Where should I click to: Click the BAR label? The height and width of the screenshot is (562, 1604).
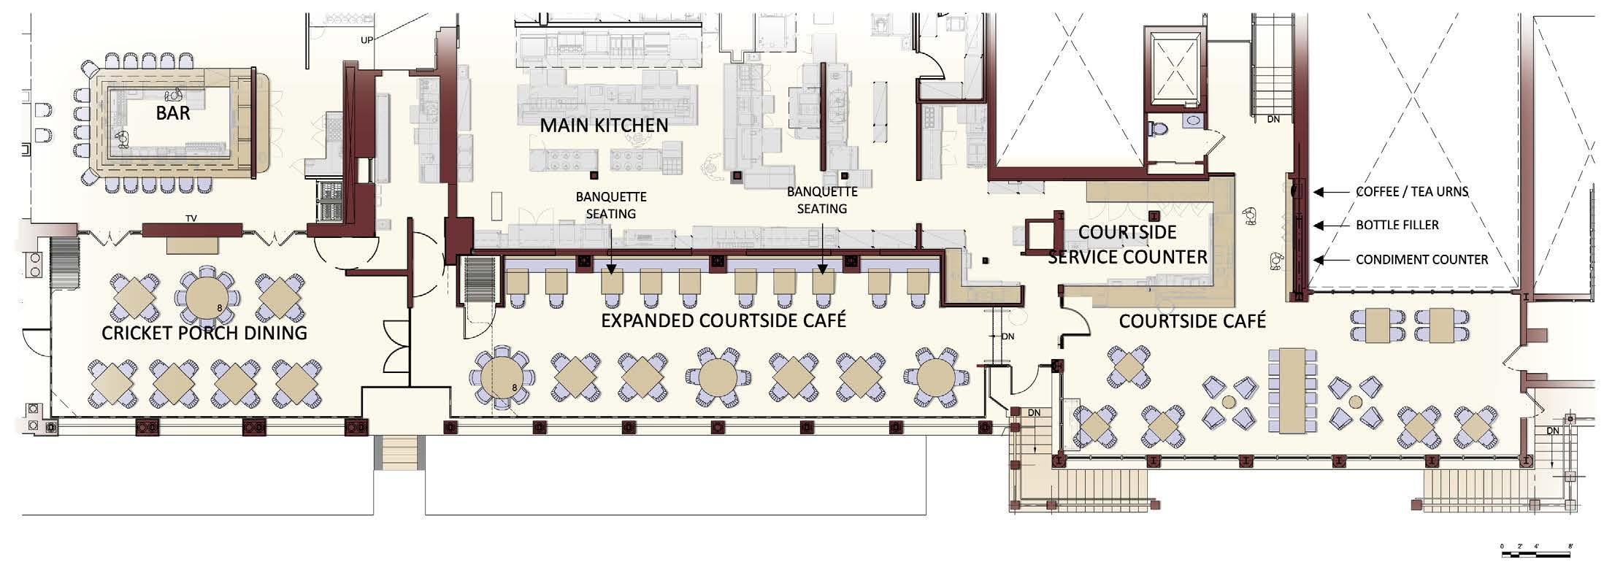click(173, 113)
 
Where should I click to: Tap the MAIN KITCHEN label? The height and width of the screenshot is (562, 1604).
click(604, 126)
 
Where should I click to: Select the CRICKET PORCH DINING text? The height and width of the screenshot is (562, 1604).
click(204, 334)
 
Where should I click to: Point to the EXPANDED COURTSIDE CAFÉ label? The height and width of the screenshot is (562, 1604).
click(724, 320)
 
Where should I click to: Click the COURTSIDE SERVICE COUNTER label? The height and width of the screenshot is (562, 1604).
click(1127, 245)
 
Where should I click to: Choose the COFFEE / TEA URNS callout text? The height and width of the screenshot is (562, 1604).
click(1412, 192)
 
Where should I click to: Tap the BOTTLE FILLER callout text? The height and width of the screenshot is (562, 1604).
click(1397, 225)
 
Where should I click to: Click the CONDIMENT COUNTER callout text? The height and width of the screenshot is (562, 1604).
click(1421, 259)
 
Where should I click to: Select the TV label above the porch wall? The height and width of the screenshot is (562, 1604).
click(192, 218)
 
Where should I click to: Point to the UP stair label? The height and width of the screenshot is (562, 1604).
click(367, 40)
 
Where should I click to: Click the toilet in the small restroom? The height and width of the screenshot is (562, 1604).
click(1158, 129)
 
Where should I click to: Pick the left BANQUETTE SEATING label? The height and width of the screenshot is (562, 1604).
click(611, 205)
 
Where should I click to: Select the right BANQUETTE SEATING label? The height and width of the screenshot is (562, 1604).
click(822, 200)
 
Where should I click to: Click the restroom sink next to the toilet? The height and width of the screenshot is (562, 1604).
click(1194, 120)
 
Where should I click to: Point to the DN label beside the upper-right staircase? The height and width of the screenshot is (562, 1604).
click(1273, 119)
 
